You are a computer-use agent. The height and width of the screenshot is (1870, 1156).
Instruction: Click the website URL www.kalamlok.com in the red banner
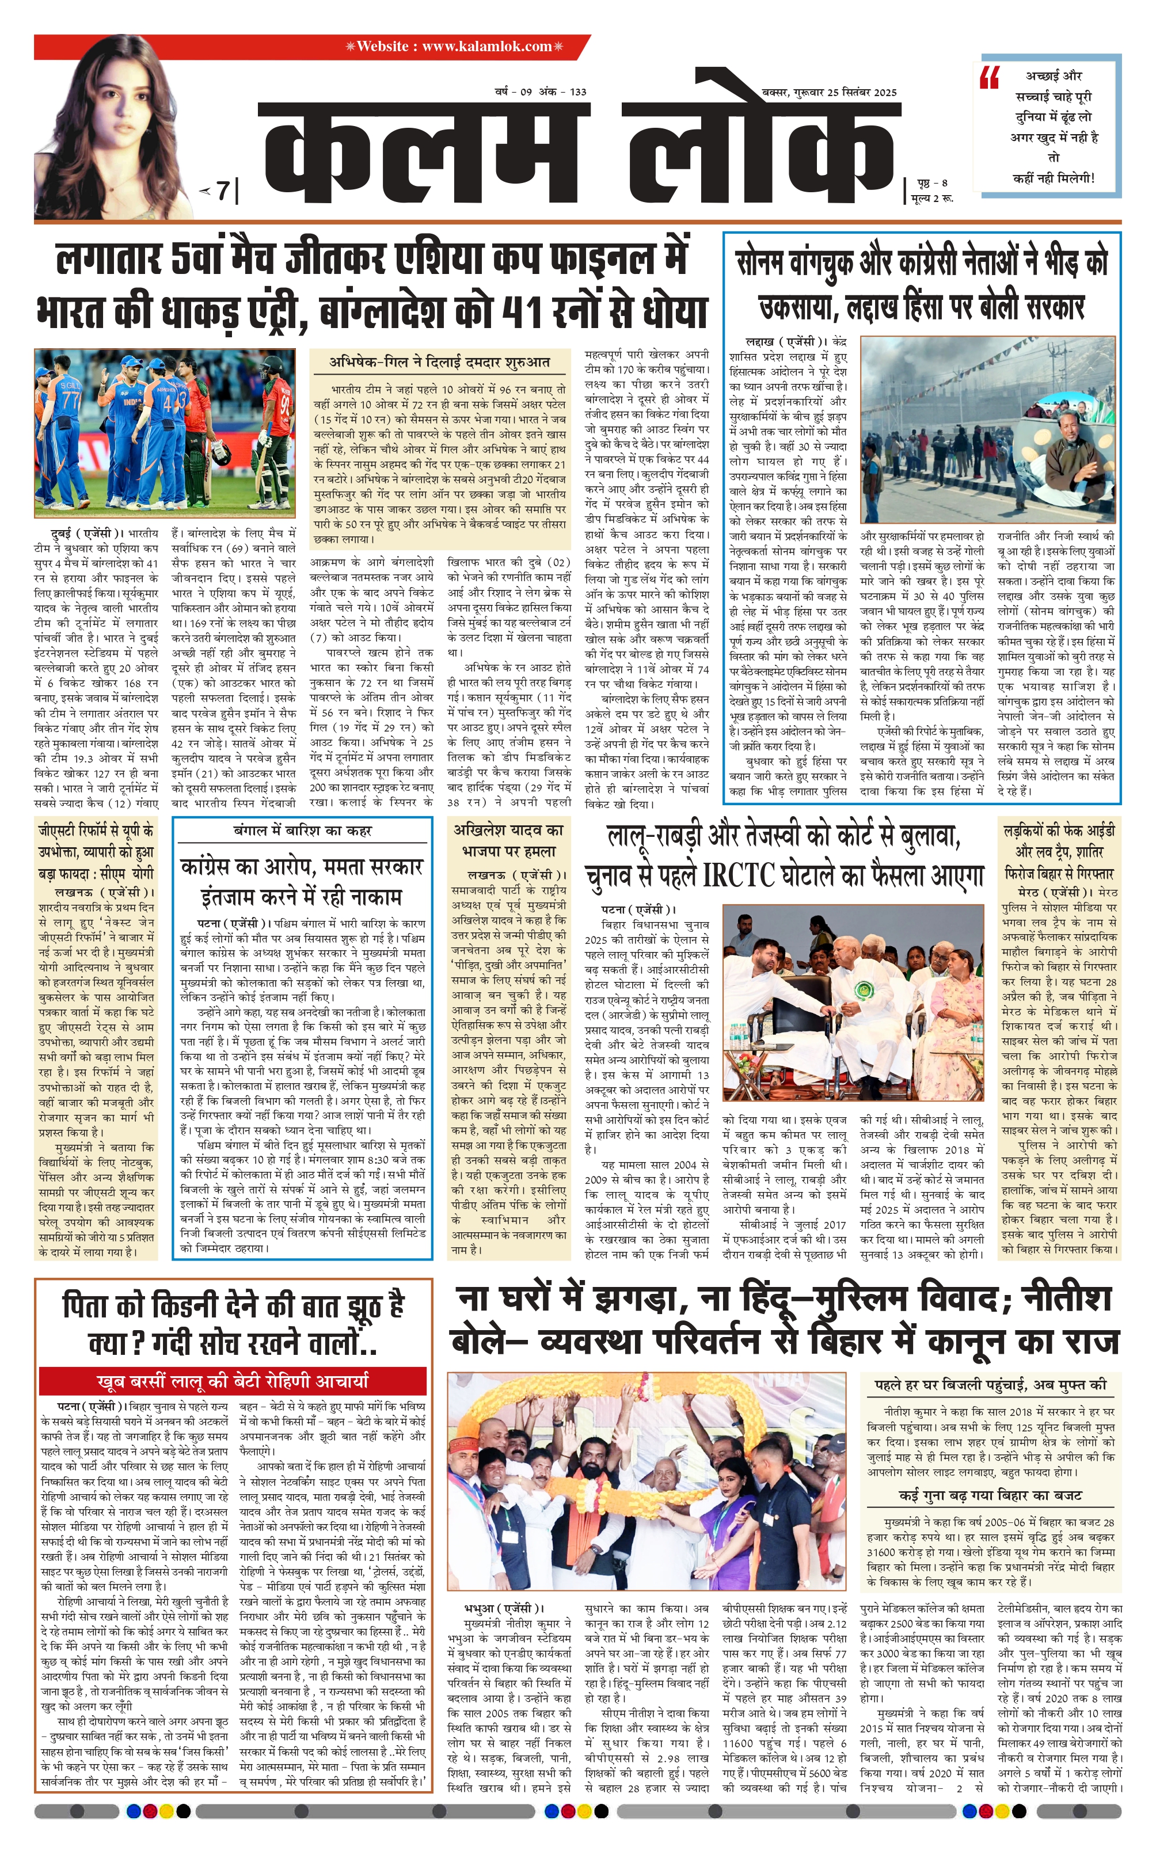[x=486, y=47]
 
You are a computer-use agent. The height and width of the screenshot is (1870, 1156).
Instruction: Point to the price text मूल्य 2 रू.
[x=932, y=199]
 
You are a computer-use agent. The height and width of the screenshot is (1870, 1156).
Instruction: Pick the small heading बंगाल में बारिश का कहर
[x=302, y=831]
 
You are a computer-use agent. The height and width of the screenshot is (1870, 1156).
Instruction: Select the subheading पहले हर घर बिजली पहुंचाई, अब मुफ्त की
[x=990, y=1384]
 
